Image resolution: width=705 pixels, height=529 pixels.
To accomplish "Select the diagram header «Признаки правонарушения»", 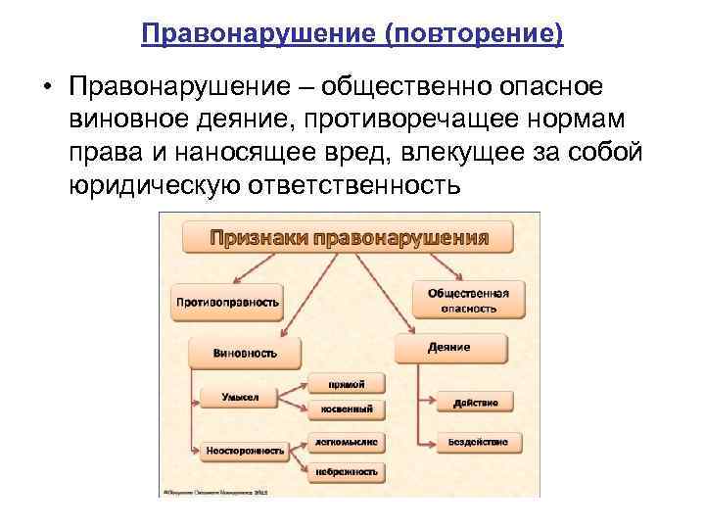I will click(x=348, y=236).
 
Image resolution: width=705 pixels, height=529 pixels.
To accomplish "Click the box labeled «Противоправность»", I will click(x=227, y=302).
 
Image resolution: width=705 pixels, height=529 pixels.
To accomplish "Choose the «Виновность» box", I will click(x=245, y=352).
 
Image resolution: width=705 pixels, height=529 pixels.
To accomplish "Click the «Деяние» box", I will click(x=449, y=348).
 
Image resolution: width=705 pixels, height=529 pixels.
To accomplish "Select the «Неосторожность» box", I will click(x=245, y=452).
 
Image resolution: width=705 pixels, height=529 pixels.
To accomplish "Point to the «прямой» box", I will click(x=347, y=383).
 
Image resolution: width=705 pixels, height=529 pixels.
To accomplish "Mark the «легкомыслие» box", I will click(x=347, y=442).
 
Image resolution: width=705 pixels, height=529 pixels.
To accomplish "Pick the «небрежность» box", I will click(x=347, y=471).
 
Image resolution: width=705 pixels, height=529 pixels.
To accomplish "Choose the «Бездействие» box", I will click(x=477, y=443).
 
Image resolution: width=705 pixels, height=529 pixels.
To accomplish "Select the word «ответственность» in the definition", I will click(x=376, y=183).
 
